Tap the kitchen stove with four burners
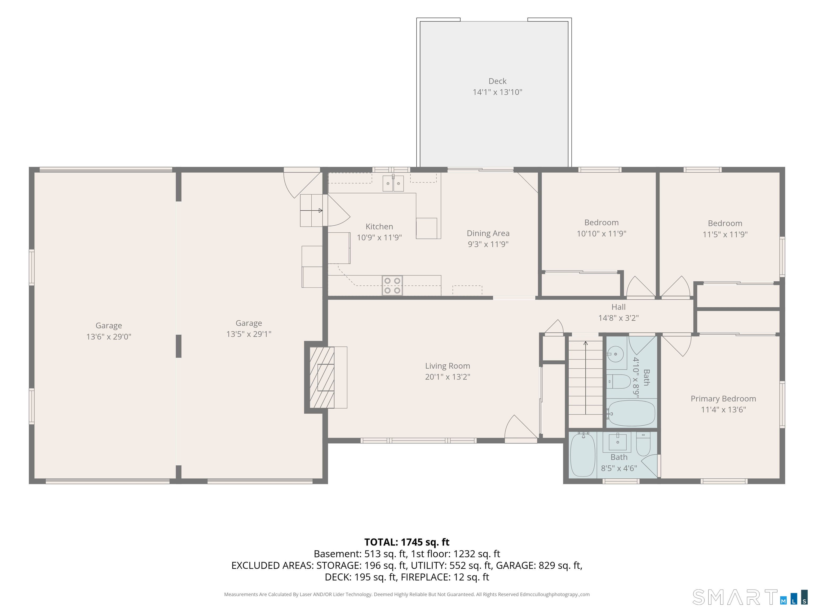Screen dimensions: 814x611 [392, 285]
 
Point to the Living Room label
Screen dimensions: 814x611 [448, 366]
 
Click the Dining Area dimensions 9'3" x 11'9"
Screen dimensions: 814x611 [488, 244]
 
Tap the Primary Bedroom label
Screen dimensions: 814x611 [723, 399]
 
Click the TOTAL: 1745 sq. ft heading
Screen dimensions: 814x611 [407, 542]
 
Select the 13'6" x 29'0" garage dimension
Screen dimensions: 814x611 [109, 337]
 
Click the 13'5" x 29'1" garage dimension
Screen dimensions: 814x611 [249, 334]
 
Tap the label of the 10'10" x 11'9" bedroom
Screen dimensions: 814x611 [601, 222]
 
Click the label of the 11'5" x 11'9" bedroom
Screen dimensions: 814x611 [725, 223]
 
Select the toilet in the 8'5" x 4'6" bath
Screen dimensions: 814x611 [643, 444]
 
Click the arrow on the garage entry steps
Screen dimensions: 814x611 [311, 211]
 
